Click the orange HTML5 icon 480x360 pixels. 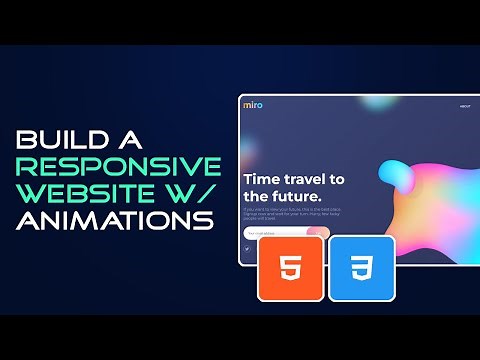[291, 269]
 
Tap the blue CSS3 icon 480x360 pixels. [361, 269]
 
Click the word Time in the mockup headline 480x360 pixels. [265, 179]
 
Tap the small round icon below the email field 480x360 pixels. [247, 250]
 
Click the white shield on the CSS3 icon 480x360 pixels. [361, 269]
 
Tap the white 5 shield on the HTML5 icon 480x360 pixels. [291, 269]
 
